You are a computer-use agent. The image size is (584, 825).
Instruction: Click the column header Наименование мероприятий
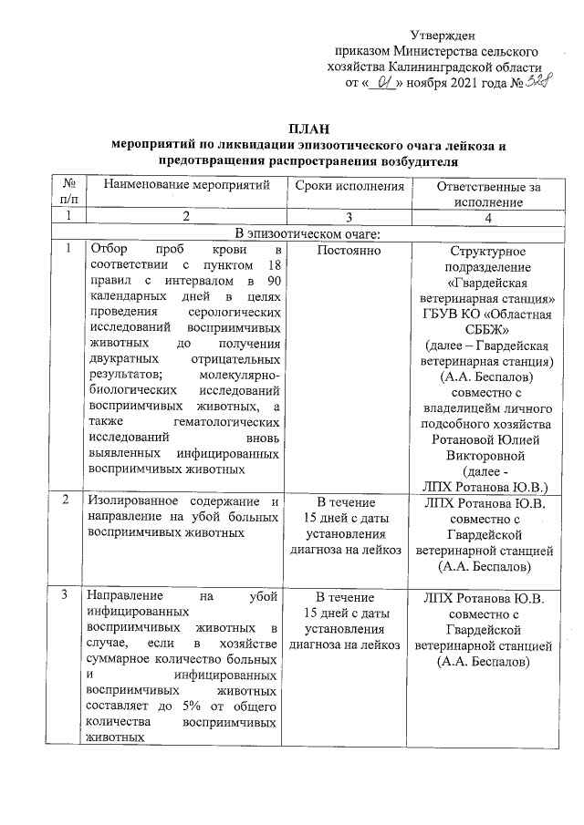pos(187,186)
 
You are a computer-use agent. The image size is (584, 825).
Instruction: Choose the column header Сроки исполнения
pos(350,186)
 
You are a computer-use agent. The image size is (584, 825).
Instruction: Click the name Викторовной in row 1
pos(487,453)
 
